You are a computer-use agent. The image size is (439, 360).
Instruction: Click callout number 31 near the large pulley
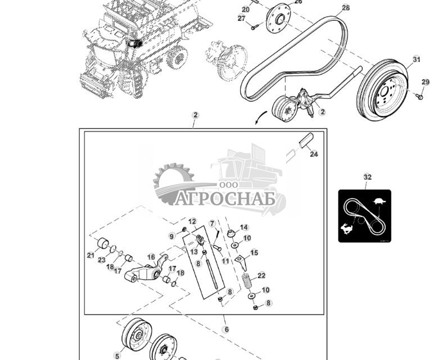[416, 60]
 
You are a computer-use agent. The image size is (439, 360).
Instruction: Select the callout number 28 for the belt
[346, 8]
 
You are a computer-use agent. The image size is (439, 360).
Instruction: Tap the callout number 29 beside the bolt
[426, 83]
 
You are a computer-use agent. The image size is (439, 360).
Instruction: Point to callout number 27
[242, 19]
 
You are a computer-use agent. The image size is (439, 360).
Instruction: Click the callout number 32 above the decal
[367, 177]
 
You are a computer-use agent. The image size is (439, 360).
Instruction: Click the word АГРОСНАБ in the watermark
[225, 199]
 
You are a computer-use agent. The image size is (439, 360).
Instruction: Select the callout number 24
[314, 154]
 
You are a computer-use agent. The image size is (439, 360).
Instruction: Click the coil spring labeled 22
[247, 280]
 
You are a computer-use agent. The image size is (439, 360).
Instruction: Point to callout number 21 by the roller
[90, 255]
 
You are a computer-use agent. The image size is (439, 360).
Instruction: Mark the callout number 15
[254, 253]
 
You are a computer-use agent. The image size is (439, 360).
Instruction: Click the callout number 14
[244, 227]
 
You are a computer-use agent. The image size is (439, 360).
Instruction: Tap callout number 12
[192, 221]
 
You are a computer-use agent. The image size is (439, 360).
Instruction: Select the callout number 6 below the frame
[226, 330]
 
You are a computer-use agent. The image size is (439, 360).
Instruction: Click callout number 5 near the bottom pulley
[117, 356]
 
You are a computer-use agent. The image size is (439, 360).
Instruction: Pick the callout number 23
[101, 260]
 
